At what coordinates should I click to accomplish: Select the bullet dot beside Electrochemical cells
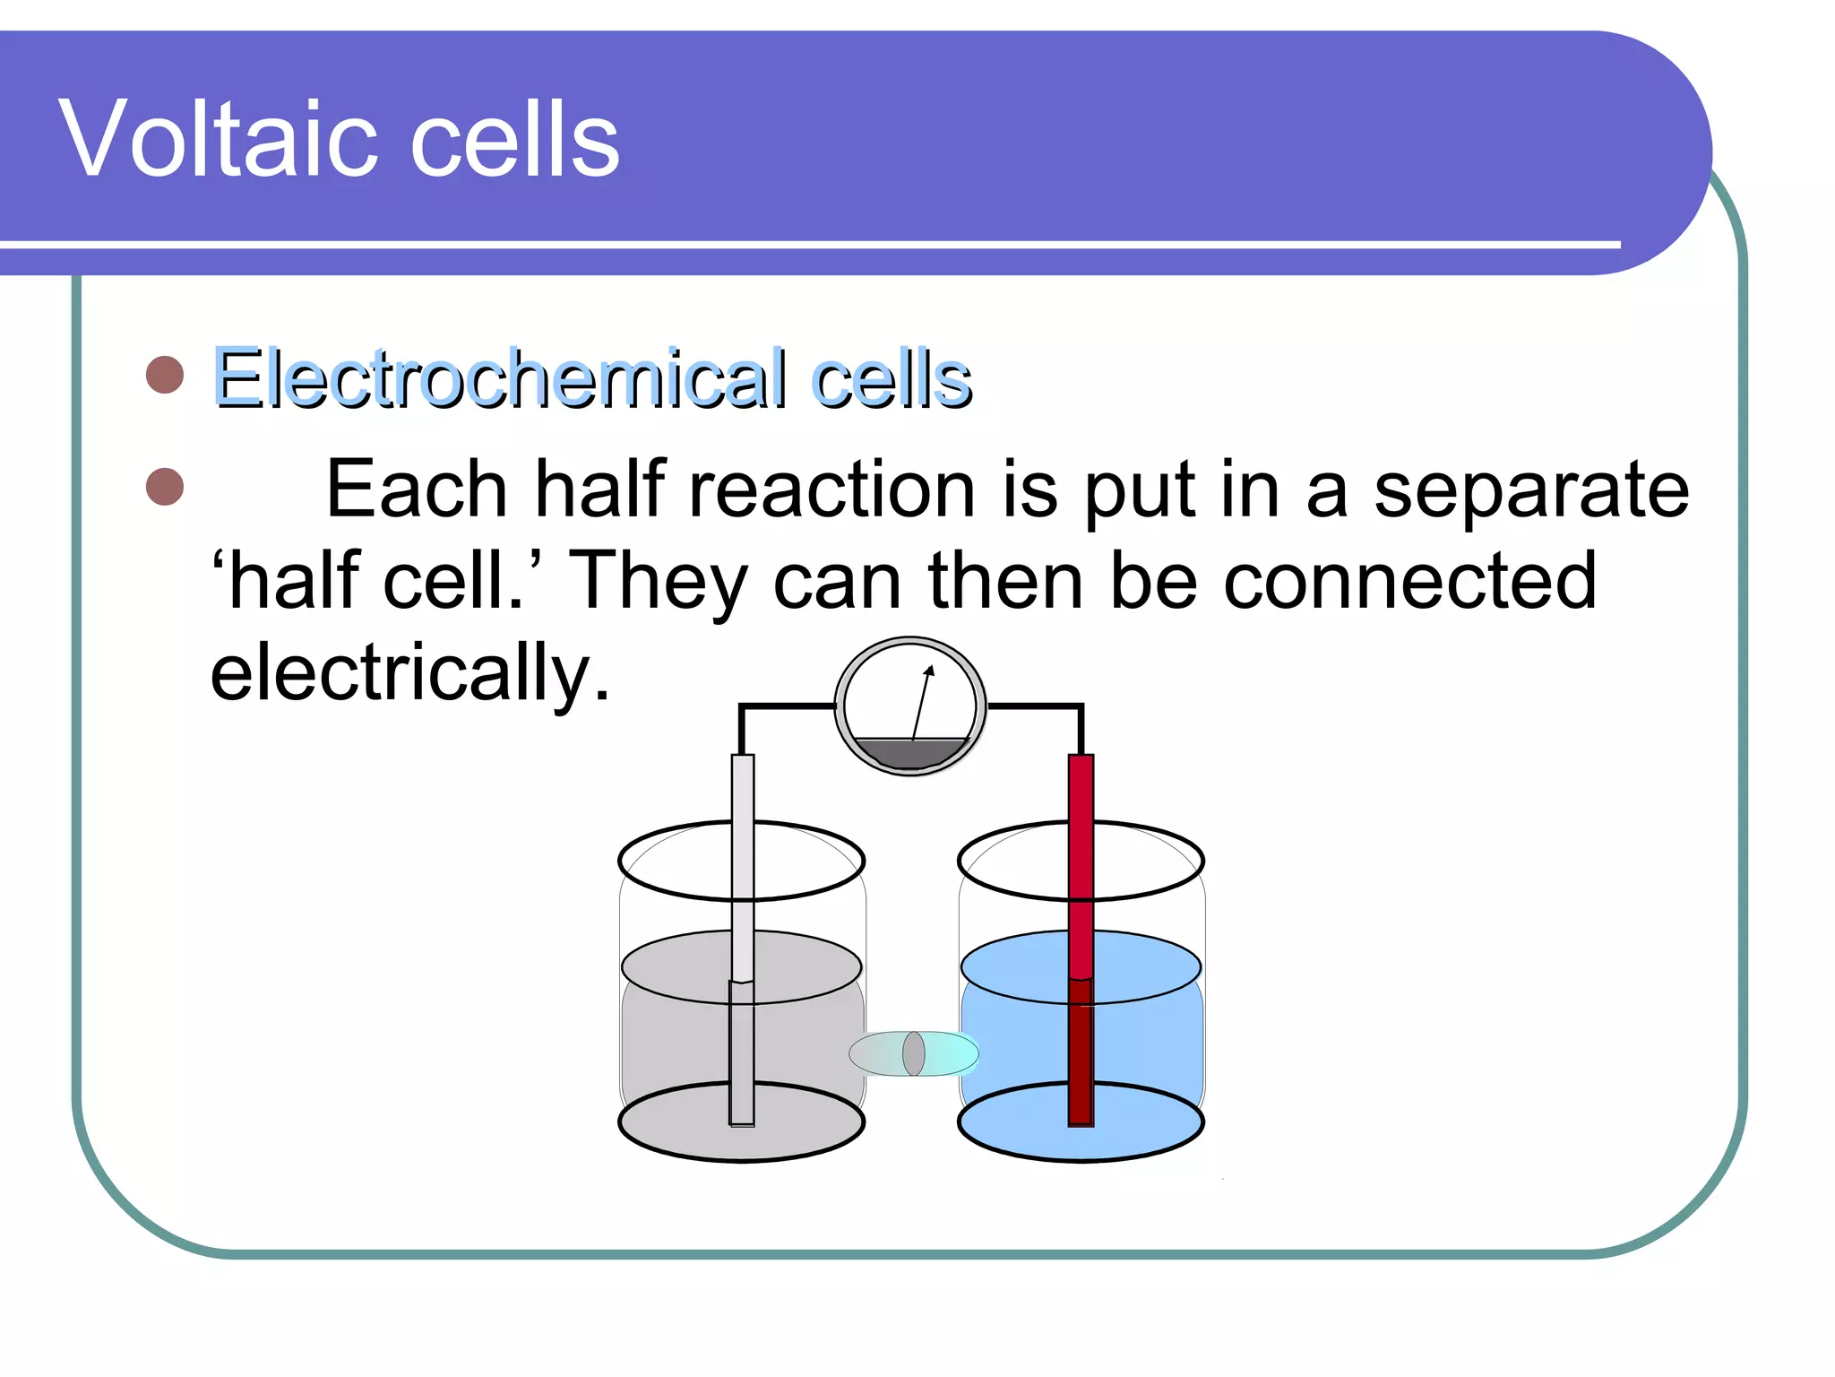pyautogui.click(x=165, y=375)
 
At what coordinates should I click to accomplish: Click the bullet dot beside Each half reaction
pyautogui.click(x=165, y=487)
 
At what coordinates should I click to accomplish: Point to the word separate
pyautogui.click(x=1531, y=490)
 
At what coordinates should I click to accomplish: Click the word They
pyautogui.click(x=659, y=581)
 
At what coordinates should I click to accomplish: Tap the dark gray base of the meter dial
pyautogui.click(x=910, y=753)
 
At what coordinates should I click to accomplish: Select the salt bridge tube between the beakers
pyautogui.click(x=913, y=1053)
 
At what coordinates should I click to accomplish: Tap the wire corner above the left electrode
pyautogui.click(x=742, y=707)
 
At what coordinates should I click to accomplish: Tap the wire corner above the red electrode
pyautogui.click(x=1081, y=707)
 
